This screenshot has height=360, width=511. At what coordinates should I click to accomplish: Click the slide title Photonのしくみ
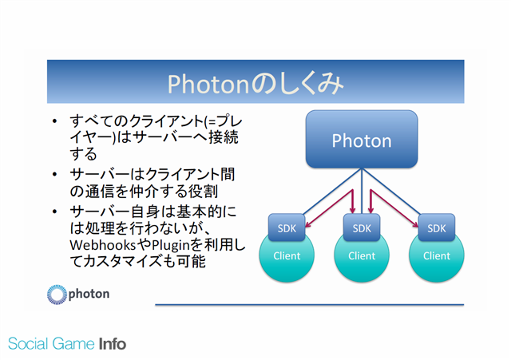pos(255,83)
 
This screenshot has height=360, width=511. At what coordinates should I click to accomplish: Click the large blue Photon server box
pos(362,139)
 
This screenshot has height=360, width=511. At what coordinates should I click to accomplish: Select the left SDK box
pos(287,227)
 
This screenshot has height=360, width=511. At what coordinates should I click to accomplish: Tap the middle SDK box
pos(362,227)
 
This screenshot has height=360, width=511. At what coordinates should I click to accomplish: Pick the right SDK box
pos(437,227)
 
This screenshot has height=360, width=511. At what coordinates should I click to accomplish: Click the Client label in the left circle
pos(287,255)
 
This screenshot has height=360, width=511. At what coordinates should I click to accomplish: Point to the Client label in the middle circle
pos(362,255)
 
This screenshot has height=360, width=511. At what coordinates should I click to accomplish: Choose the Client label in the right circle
pos(437,255)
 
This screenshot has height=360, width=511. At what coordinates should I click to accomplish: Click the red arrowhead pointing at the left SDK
pos(308,224)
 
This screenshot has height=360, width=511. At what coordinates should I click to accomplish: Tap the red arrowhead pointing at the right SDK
pos(415,224)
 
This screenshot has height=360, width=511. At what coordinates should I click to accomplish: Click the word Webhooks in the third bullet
pos(103,245)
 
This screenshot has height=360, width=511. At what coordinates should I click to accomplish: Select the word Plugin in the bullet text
pos(171,245)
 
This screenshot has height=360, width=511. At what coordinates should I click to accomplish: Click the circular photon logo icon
pos(57,295)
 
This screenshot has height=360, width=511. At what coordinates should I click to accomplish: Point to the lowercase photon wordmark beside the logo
pos(89,295)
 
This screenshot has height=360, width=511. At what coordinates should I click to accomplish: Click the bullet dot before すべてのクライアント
pos(54,121)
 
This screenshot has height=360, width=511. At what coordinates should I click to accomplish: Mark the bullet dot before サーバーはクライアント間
pos(54,175)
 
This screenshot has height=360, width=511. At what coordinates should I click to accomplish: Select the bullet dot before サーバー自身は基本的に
pos(54,212)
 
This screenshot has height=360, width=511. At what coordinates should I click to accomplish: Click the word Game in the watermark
pos(73,344)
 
